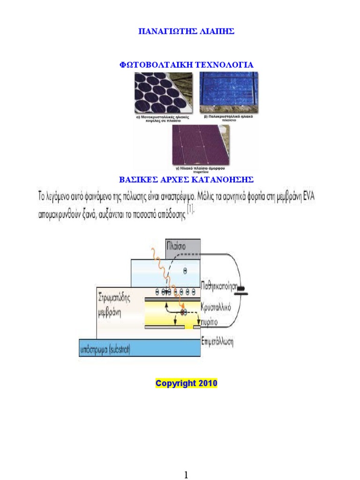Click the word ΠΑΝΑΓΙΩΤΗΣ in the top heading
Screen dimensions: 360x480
pyautogui.click(x=165, y=32)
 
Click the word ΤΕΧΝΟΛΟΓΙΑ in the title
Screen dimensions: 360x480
pyautogui.click(x=226, y=65)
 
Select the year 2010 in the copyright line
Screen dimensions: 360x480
pyautogui.click(x=208, y=383)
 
